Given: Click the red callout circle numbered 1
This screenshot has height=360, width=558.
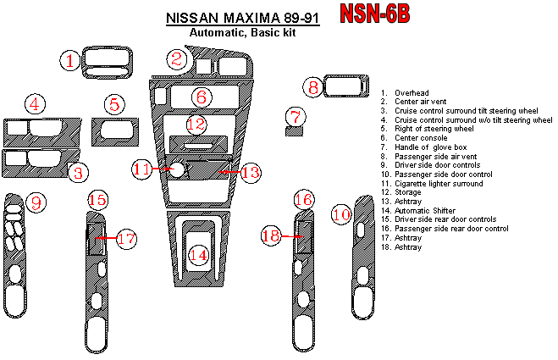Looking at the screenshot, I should click(x=71, y=60).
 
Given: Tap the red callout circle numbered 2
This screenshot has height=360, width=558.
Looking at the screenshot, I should click(x=176, y=58).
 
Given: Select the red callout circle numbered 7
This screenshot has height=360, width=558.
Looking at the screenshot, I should click(x=294, y=116).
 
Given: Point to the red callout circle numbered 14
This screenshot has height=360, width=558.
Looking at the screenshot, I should click(x=198, y=254).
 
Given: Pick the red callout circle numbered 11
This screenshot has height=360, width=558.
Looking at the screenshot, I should click(x=141, y=169).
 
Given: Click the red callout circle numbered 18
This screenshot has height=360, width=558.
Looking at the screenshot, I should click(x=270, y=237).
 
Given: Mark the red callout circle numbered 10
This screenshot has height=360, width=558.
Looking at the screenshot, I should click(x=340, y=214).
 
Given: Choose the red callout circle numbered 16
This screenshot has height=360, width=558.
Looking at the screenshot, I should click(x=303, y=199).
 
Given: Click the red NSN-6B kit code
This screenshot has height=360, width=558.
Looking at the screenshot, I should click(x=375, y=14).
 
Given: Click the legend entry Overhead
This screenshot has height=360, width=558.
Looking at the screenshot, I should click(x=411, y=92).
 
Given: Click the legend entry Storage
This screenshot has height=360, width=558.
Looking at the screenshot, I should click(x=409, y=192).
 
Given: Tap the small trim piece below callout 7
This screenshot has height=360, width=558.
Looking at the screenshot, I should click(x=294, y=131).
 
